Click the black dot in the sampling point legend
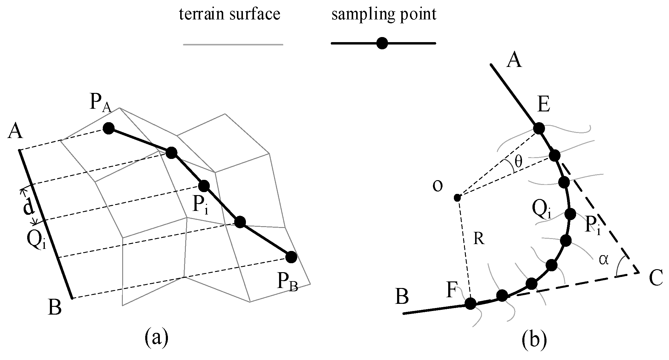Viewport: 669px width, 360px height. point(382,44)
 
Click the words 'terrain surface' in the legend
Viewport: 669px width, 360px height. point(229,14)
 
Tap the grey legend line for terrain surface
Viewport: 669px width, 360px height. point(233,45)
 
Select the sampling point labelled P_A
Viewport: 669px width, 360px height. point(108,129)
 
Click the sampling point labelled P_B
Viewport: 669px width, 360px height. point(291,257)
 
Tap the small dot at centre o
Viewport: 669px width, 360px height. point(457,197)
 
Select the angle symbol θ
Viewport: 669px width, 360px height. point(518,162)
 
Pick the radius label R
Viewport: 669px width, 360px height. point(479,239)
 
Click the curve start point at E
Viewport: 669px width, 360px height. point(539,128)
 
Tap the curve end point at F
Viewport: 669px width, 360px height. point(470,304)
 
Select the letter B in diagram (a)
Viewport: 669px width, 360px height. point(55,307)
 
